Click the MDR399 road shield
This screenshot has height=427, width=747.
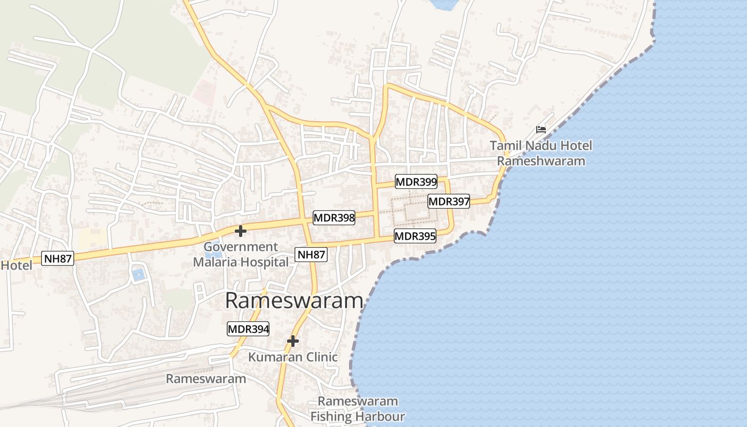[416, 181]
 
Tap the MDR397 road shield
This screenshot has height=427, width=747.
[449, 201]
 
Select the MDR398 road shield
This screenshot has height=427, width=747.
[334, 217]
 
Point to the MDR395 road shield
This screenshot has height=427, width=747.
[415, 236]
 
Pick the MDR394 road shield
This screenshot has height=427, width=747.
[248, 329]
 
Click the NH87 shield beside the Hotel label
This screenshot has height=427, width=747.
[58, 258]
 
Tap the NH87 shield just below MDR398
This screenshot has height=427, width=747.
[311, 255]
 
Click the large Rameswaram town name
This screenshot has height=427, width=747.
[294, 301]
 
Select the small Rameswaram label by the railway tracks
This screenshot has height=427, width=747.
[206, 379]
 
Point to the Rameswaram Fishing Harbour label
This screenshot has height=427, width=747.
[357, 409]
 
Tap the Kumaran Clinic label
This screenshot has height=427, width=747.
[293, 357]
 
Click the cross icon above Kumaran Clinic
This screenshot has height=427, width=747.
[292, 341]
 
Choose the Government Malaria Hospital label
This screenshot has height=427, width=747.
[241, 255]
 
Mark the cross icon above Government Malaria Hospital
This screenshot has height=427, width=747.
[241, 231]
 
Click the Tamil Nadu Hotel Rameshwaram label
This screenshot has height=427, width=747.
[541, 153]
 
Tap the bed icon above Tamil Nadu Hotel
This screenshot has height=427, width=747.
[541, 130]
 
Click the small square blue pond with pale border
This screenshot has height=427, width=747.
[138, 275]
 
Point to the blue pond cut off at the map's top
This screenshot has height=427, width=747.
[444, 5]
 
